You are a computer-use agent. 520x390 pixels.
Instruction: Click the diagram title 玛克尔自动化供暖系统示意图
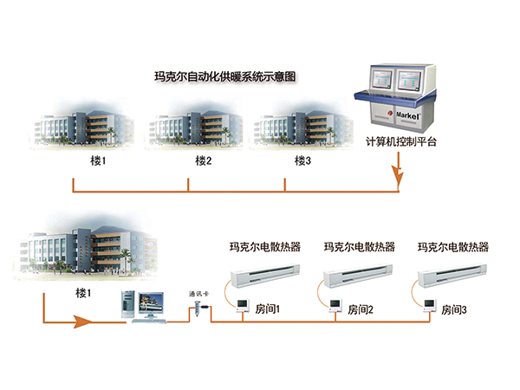point(224,76)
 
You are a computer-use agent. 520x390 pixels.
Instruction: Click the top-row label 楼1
point(97,160)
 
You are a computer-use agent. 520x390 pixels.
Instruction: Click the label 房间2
point(360,309)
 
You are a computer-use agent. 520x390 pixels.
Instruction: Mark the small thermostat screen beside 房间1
point(237,304)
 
